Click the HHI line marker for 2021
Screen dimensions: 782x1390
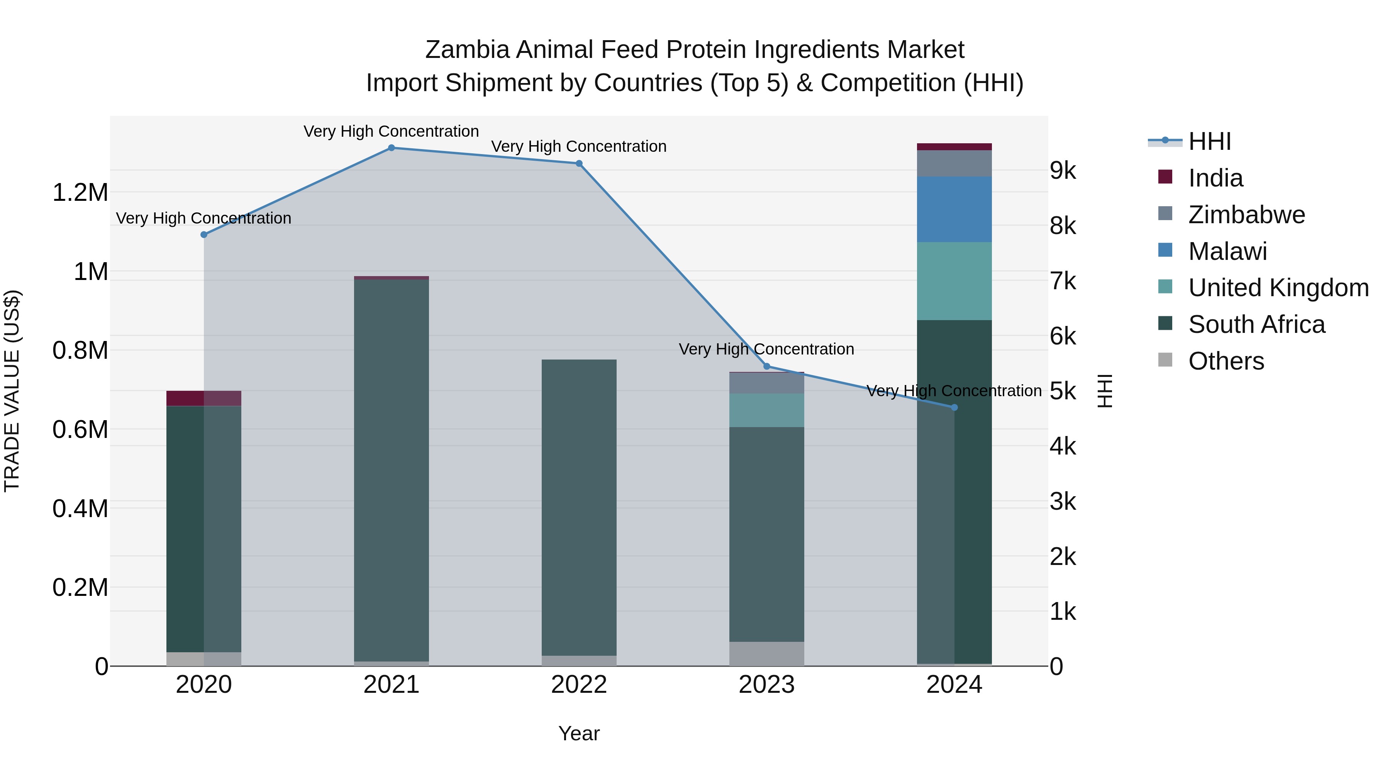click(391, 148)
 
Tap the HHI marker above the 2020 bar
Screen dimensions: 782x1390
click(204, 235)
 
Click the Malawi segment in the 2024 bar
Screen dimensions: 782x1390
click(954, 209)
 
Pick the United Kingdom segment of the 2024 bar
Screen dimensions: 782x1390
click(954, 281)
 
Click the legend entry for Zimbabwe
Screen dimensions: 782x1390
click(1246, 215)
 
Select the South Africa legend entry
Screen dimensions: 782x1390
click(1256, 324)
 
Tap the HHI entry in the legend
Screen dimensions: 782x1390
click(1209, 141)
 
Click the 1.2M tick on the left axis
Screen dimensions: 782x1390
click(80, 193)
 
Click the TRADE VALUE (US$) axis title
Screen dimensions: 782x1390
click(12, 391)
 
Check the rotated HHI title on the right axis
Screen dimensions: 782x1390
click(1105, 391)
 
